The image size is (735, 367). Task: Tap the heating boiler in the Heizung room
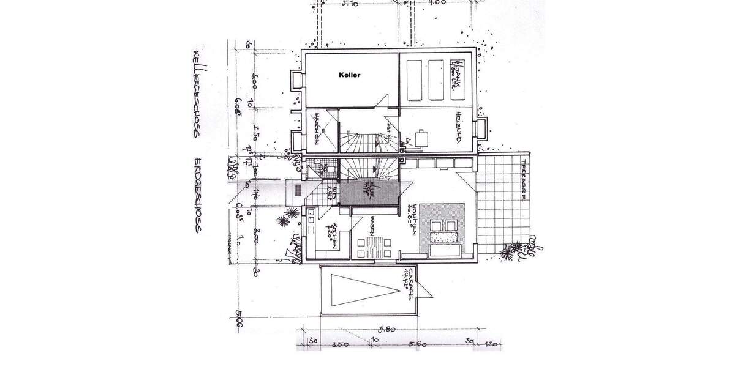421,138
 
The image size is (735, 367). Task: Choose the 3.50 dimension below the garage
341,345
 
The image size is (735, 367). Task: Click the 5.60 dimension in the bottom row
418,345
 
